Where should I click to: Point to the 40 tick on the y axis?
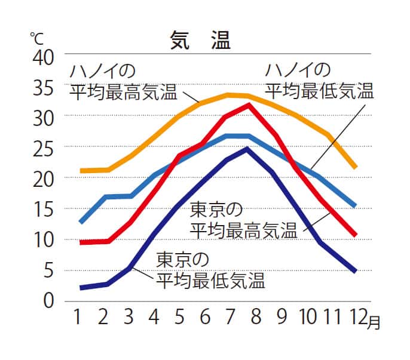tap(42, 57)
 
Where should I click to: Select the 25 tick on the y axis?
tap(42, 147)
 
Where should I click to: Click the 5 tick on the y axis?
tap(48, 270)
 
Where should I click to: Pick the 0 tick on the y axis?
tap(48, 300)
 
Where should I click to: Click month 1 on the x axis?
tap(77, 317)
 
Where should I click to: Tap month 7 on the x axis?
tap(230, 317)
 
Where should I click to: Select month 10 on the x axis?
tap(307, 317)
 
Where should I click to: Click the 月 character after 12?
tap(372, 322)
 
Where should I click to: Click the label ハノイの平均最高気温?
tap(123, 82)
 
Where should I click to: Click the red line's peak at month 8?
tap(249, 105)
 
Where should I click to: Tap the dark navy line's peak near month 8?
tap(247, 149)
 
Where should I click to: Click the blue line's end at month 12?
tap(354, 206)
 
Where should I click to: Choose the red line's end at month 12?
tap(354, 235)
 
